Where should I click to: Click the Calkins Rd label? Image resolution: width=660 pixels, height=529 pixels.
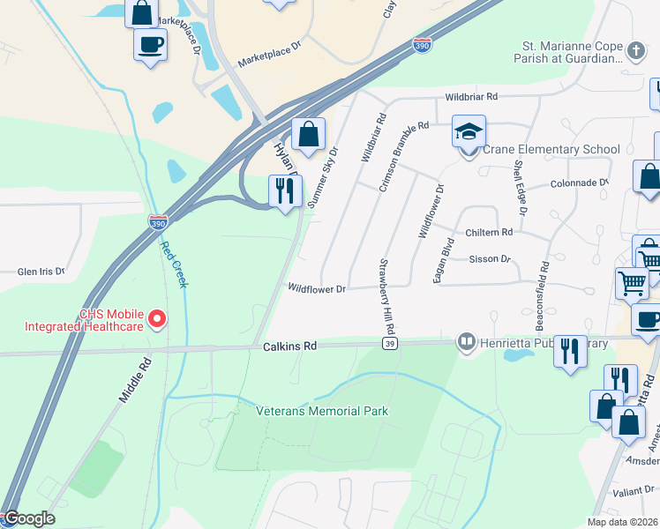coord(289,347)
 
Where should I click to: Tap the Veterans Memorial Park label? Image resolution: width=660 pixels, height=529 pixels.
coord(322,411)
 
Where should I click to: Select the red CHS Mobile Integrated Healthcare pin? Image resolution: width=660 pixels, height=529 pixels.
coord(157,317)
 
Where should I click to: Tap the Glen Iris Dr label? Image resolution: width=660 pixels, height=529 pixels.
coord(41,272)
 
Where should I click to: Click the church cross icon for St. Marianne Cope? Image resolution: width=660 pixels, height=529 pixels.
coord(634,51)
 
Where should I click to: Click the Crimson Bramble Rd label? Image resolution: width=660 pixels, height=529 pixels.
coord(402,150)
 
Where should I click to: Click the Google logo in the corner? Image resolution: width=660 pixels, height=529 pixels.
coord(28,518)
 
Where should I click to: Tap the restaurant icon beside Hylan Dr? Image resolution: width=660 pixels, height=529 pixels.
coord(285,191)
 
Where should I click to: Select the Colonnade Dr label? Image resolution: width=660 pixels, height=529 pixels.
coord(580,183)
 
